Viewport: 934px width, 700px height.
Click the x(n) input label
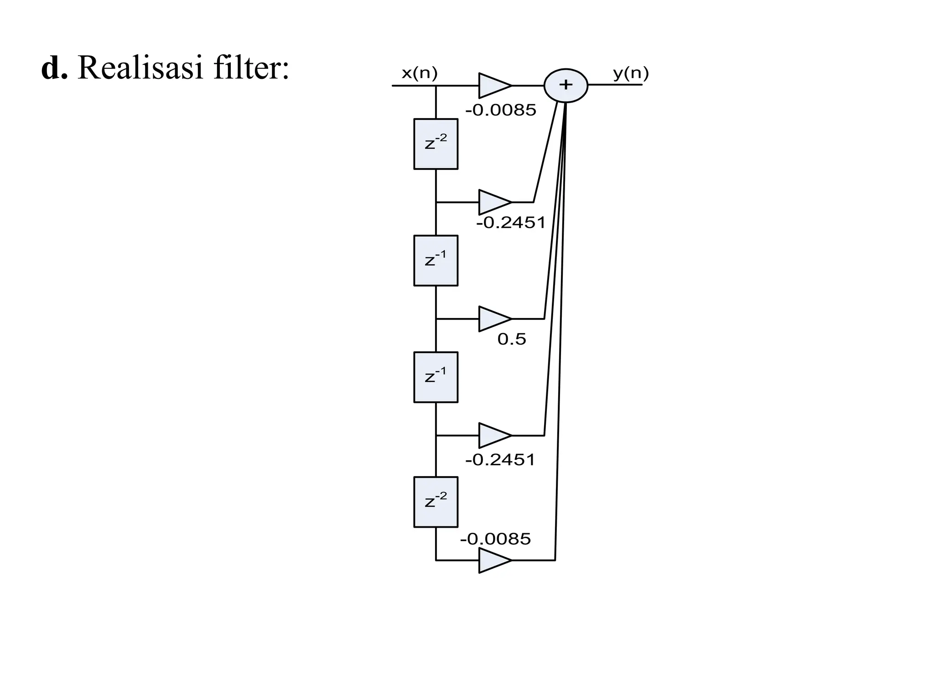coord(419,73)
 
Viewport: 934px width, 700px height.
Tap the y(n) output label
coord(631,73)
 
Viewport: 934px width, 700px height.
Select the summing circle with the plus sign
coord(566,85)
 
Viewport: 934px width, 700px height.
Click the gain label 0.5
coord(511,339)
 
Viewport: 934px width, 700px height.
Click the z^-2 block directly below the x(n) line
coord(436,144)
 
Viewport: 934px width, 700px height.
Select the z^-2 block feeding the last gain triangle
coord(436,502)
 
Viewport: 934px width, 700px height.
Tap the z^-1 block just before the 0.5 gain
coord(436,261)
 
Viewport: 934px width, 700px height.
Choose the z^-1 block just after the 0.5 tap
coord(436,377)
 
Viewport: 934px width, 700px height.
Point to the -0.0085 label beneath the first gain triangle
coord(500,110)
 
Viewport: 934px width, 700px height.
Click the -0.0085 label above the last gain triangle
coord(495,539)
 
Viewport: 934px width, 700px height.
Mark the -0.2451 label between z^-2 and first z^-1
coord(511,223)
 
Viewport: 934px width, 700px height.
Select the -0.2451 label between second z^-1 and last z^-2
coord(500,460)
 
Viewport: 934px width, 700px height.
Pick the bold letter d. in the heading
coord(54,68)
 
